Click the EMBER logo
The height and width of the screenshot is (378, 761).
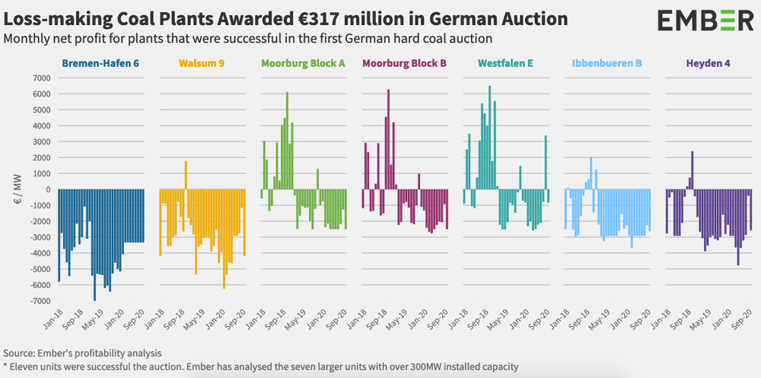click(695, 21)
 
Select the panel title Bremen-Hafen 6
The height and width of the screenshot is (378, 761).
click(100, 63)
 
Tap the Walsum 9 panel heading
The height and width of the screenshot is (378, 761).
click(201, 63)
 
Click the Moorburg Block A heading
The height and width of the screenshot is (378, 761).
click(303, 63)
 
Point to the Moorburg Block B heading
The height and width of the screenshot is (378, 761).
click(405, 63)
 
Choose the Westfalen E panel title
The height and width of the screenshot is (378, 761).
click(507, 63)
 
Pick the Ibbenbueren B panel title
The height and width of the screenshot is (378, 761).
click(609, 63)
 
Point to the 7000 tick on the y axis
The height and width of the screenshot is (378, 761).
click(39, 78)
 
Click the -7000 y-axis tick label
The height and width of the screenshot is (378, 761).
click(37, 302)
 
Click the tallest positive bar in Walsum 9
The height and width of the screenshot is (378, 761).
click(186, 175)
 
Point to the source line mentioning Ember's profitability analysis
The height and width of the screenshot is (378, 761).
click(82, 354)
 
